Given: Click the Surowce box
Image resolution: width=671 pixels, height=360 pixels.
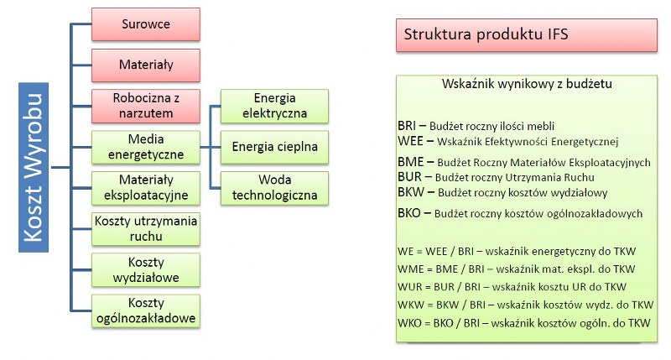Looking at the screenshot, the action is tap(145, 24).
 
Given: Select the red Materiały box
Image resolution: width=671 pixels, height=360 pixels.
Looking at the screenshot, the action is tap(145, 65).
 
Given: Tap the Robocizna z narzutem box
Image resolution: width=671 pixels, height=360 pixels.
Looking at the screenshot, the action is tap(145, 106).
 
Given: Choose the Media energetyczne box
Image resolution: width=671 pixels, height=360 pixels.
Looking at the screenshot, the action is tap(145, 147).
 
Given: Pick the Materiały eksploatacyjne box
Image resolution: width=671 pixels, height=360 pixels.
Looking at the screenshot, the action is tap(145, 188).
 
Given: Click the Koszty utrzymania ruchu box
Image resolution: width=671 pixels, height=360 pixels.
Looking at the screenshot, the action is tap(145, 228).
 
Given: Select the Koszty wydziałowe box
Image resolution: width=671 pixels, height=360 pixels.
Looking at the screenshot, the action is tap(145, 269).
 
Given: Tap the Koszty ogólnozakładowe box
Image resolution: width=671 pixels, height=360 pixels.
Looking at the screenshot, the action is tap(145, 310).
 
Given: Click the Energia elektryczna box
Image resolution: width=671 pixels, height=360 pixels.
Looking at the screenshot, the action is tap(274, 106).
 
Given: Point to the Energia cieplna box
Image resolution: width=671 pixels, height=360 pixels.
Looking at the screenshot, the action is tap(274, 147).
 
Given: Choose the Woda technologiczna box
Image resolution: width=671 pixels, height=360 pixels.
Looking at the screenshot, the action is tap(274, 188).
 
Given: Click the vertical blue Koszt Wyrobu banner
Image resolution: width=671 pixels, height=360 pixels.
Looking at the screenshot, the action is tap(34, 167).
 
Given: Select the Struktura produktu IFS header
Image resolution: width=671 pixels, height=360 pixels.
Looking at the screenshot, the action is tap(527, 35).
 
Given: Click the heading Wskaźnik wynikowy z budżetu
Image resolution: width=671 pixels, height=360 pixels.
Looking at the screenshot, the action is tap(527, 83).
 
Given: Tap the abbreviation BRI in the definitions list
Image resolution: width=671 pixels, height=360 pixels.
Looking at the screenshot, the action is tap(407, 126).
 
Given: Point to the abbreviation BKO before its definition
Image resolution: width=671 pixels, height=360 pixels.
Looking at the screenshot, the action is tap(409, 213).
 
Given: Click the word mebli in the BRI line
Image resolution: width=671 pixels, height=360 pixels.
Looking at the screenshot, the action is tap(540, 126).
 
